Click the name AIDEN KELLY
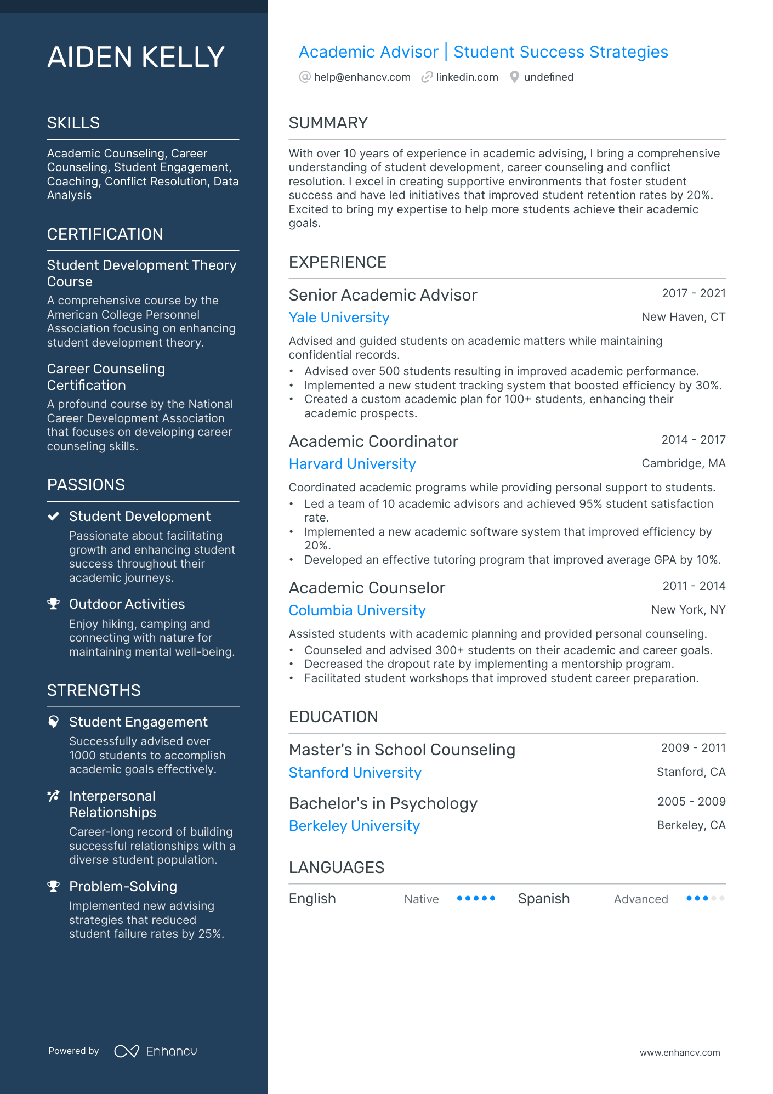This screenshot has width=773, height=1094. click(136, 57)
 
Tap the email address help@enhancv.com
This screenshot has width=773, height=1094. click(362, 77)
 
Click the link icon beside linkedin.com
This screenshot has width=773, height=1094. click(427, 77)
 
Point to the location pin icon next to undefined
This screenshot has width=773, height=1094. click(514, 77)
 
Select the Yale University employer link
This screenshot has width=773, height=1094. click(339, 318)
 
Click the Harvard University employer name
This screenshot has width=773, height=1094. click(352, 464)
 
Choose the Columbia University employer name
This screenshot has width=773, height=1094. click(357, 610)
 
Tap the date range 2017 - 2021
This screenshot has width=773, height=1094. click(693, 293)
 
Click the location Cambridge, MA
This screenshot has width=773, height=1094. click(683, 463)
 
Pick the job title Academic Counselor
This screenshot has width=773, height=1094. click(367, 588)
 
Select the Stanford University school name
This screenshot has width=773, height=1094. click(355, 773)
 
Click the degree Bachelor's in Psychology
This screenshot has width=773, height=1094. click(383, 803)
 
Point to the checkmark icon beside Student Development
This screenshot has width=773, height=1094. click(53, 516)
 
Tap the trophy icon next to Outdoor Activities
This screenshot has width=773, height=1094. click(53, 604)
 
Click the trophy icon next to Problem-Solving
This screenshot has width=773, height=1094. click(53, 886)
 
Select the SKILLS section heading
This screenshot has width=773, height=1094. click(73, 123)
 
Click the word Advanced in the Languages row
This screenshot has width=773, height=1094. click(640, 899)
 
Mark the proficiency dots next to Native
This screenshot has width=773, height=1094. click(476, 898)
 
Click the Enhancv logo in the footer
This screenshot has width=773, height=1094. click(156, 1051)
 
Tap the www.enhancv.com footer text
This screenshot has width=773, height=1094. click(679, 1052)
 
